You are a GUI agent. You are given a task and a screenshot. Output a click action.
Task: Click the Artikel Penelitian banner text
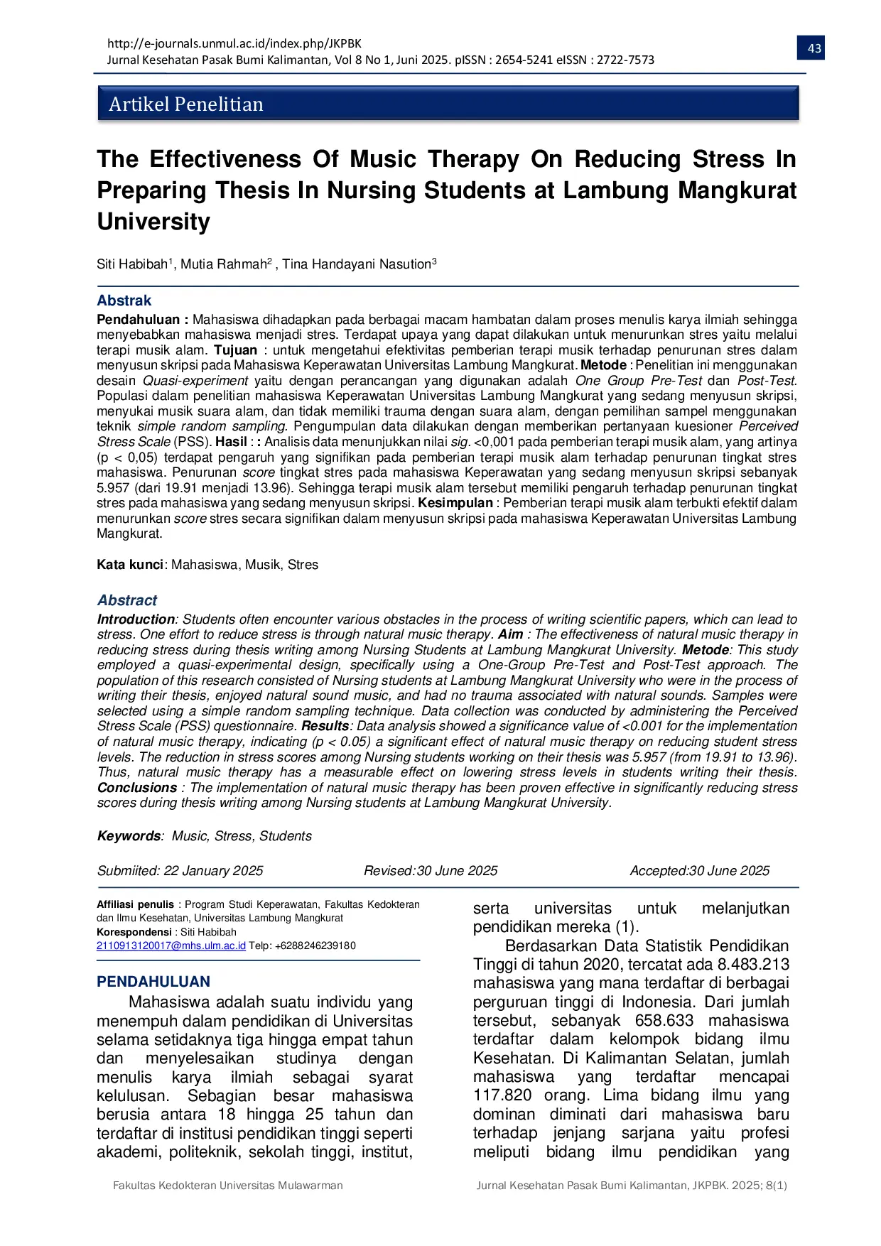186,104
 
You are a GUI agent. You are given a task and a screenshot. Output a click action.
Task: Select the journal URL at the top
234,43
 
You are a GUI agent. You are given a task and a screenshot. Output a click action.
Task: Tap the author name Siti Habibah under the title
132,264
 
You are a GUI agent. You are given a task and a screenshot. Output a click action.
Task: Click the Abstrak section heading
124,300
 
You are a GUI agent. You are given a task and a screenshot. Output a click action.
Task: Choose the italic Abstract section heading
127,600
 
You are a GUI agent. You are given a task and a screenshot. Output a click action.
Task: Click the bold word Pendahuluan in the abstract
139,320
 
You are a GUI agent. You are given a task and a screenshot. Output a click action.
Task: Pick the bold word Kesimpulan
455,503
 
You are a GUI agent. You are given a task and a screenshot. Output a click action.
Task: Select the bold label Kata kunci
130,565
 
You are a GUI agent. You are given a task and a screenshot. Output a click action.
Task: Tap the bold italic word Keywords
129,836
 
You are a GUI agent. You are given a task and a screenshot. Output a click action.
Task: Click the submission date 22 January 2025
213,871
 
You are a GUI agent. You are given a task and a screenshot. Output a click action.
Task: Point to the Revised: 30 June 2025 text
431,871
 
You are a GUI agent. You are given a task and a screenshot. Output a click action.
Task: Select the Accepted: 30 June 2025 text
699,871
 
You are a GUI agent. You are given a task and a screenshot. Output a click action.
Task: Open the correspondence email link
171,946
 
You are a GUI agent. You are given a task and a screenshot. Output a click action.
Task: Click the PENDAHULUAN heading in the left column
153,982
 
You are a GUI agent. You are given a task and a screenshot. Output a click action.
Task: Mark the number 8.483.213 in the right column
753,965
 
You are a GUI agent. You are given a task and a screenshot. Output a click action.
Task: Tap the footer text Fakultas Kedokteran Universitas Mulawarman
228,1186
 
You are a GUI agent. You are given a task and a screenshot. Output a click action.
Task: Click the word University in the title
153,222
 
